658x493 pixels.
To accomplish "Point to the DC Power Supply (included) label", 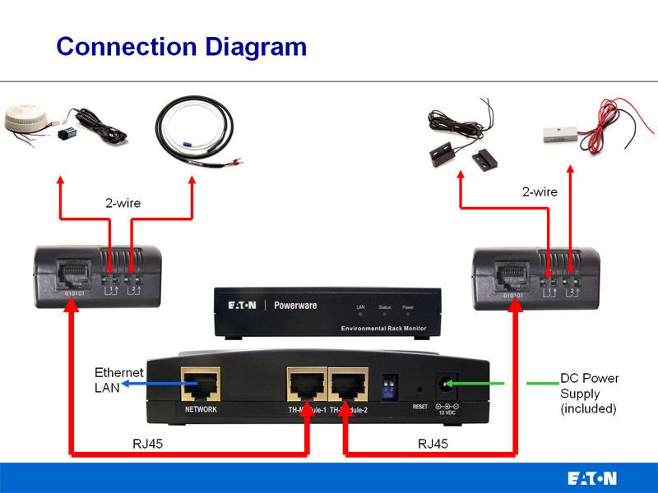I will click(589, 393).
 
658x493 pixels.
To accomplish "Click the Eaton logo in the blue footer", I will click(591, 478).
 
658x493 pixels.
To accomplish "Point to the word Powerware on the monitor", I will click(298, 306).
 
